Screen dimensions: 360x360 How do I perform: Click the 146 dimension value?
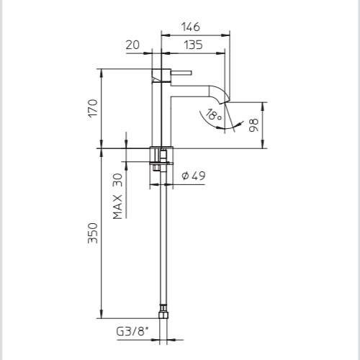(x=191, y=27)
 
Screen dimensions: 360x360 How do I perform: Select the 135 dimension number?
(x=193, y=45)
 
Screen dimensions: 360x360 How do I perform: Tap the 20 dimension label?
(x=132, y=45)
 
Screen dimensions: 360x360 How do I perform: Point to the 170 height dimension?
(x=93, y=108)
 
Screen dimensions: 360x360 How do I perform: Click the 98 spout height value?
(x=253, y=125)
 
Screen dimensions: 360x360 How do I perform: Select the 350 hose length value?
(x=93, y=233)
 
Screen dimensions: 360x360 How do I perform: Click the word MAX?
(x=117, y=207)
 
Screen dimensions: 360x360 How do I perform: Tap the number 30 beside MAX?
(x=117, y=180)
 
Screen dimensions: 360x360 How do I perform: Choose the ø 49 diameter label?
(x=194, y=176)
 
